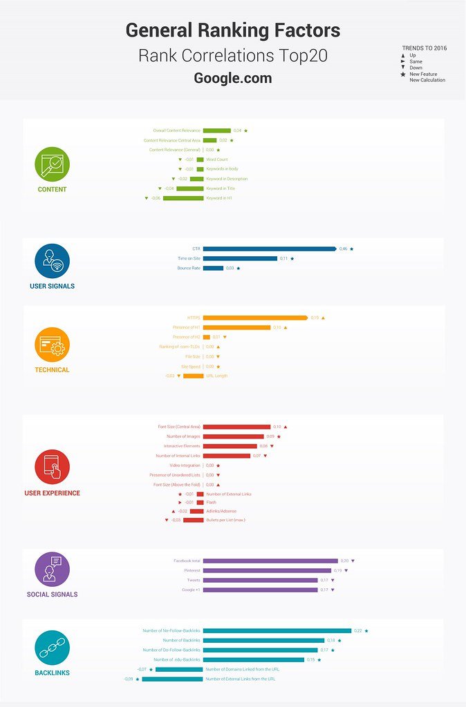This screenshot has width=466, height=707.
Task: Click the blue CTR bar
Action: coord(270,249)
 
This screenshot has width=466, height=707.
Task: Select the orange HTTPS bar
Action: coord(255,318)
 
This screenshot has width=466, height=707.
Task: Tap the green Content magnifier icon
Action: coord(53,164)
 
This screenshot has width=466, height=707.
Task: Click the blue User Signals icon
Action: coord(53,261)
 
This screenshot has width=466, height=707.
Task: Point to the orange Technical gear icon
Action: coord(53,345)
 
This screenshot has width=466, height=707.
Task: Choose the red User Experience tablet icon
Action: coord(53,467)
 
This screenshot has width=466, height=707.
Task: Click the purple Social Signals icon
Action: coord(53,569)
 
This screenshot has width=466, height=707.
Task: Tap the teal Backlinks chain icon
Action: coord(53,648)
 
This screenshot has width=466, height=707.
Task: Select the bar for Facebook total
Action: coord(270,561)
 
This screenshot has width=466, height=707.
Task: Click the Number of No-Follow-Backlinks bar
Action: coord(277,630)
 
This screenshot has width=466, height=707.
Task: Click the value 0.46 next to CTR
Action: coord(343,249)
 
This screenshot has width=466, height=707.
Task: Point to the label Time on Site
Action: coord(189,258)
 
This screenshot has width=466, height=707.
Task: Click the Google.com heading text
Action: coord(233,78)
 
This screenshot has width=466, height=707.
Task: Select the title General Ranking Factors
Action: coord(233,30)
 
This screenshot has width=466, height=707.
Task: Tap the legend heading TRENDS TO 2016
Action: coord(423,48)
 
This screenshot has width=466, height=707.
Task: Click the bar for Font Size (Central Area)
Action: coord(236,427)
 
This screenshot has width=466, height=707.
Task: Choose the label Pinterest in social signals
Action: coord(192,570)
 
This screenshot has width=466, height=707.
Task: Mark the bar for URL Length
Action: coord(194,376)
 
